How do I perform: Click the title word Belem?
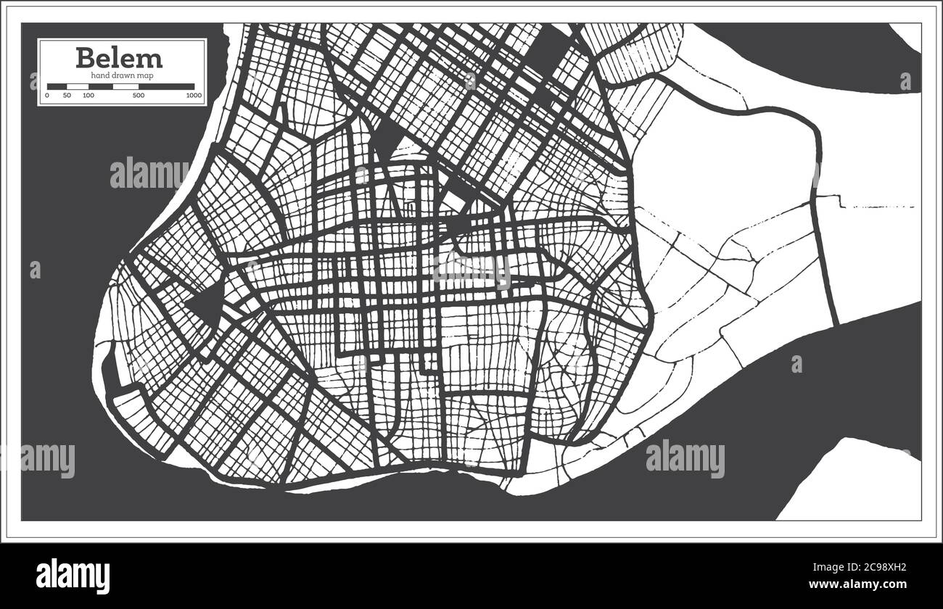click(119, 57)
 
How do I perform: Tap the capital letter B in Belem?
click(85, 57)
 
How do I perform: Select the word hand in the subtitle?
click(100, 75)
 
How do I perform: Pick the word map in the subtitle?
click(144, 75)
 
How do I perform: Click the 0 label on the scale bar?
click(48, 96)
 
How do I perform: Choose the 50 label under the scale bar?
click(67, 96)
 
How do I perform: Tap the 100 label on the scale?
click(88, 96)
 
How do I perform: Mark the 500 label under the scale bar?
click(139, 96)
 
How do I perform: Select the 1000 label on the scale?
click(193, 96)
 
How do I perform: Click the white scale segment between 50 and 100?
click(78, 86)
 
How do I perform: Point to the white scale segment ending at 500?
click(125, 86)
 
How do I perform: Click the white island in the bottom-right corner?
click(856, 482)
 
